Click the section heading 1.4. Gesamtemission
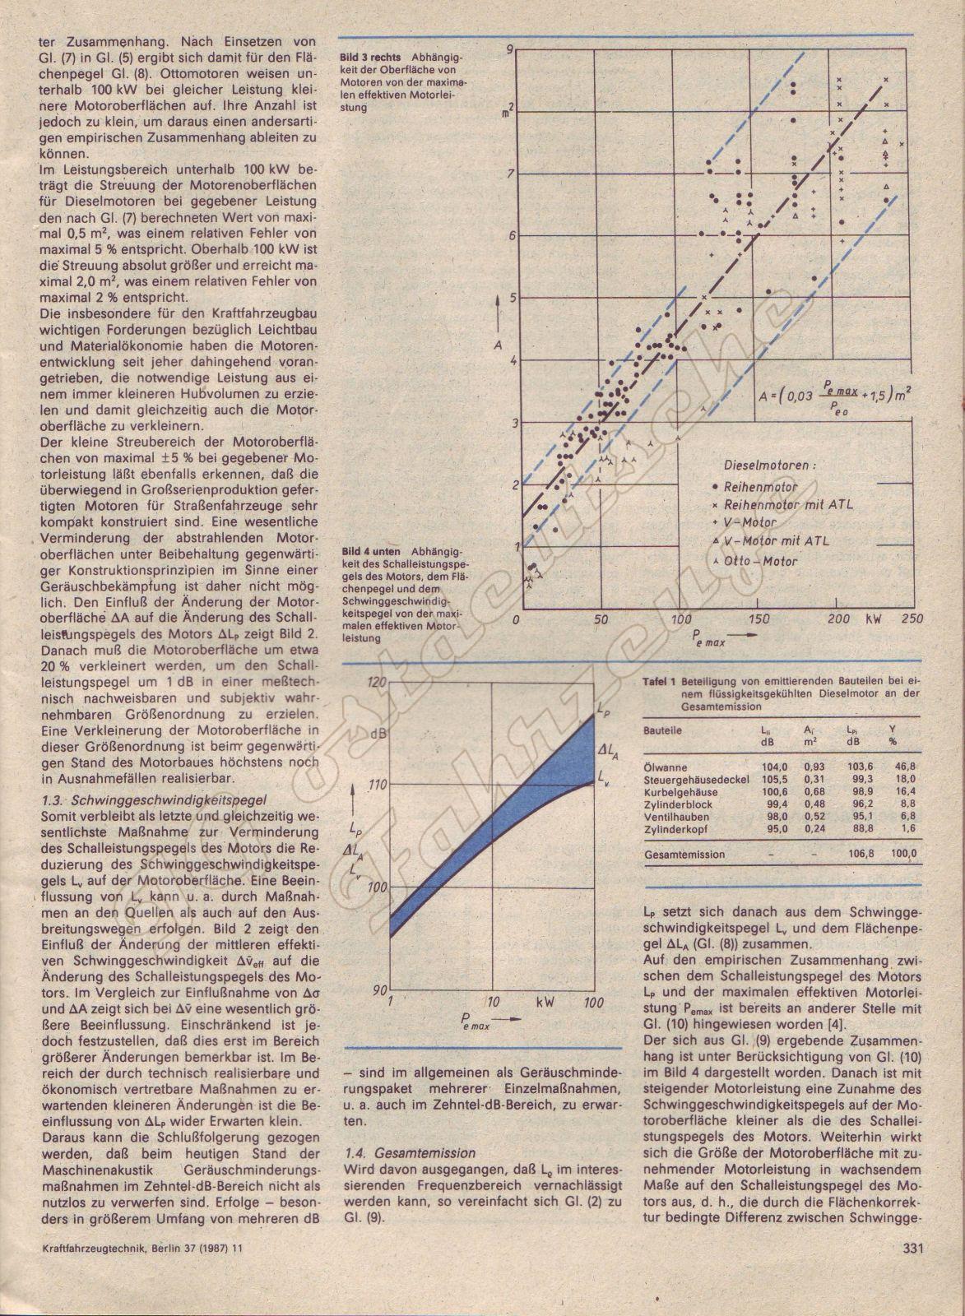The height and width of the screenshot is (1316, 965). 411,1154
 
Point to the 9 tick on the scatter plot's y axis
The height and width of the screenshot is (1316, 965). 510,50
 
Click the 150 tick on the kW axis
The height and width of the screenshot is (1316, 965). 759,619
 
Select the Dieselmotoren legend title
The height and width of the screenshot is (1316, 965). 771,465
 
